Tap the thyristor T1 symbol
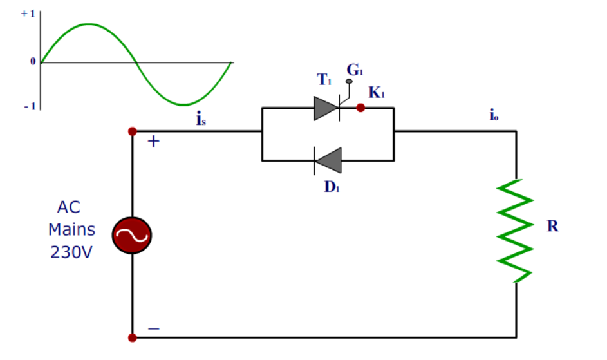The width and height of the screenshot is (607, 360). (x=327, y=108)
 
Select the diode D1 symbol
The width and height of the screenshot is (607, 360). (x=328, y=160)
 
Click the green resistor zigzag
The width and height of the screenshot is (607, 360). (x=516, y=231)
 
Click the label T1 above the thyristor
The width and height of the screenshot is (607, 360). (x=324, y=80)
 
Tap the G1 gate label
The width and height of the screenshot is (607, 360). (x=355, y=69)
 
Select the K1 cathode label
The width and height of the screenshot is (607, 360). (x=376, y=93)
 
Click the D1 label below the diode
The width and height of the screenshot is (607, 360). (x=332, y=187)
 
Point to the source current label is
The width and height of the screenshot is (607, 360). (x=201, y=119)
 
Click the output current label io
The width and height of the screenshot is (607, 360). (x=493, y=116)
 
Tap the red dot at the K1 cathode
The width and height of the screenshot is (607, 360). (x=360, y=108)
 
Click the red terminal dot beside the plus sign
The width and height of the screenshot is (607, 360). (x=132, y=131)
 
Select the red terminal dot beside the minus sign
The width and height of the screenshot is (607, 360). (x=132, y=337)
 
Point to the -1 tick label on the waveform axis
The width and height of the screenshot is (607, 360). (x=29, y=106)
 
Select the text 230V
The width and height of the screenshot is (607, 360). (x=71, y=252)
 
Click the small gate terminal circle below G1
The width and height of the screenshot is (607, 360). (x=350, y=82)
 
